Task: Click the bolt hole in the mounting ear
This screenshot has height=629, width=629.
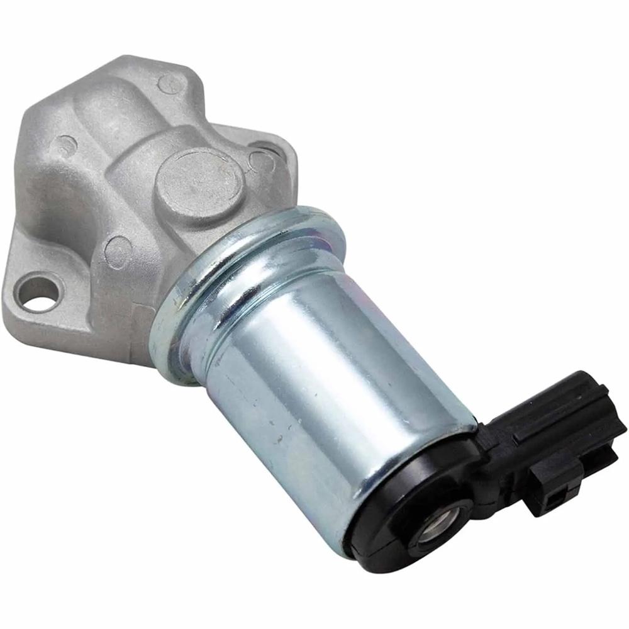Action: click(38, 293)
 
